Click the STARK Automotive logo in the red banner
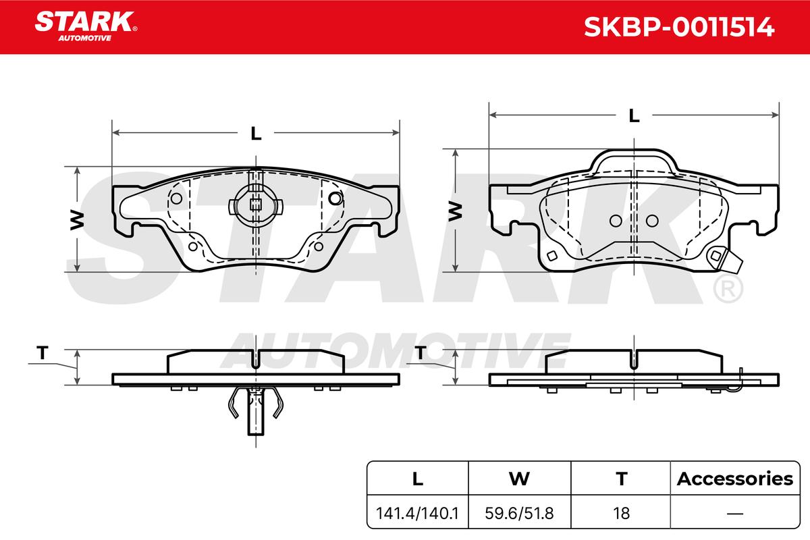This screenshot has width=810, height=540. (x=86, y=26)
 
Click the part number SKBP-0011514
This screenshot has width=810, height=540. (x=679, y=27)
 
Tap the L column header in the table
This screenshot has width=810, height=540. (x=418, y=479)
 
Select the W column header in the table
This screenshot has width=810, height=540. (x=519, y=479)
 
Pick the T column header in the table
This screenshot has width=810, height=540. (x=621, y=479)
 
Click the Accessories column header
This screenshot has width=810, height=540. (x=735, y=479)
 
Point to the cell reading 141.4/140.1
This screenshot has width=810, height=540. (x=417, y=513)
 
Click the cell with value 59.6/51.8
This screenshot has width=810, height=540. (x=519, y=513)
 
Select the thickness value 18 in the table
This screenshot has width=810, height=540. (x=621, y=513)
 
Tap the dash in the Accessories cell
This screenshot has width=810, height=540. (x=735, y=514)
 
